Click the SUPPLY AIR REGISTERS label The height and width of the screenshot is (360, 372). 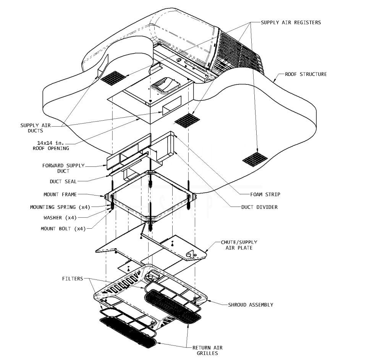pyautogui.click(x=291, y=23)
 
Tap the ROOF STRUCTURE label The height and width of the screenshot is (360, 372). pyautogui.click(x=306, y=74)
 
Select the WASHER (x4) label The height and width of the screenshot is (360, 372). pyautogui.click(x=60, y=218)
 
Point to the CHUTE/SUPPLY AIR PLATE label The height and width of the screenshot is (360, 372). pyautogui.click(x=239, y=245)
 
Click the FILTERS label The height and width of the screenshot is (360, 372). pyautogui.click(x=73, y=279)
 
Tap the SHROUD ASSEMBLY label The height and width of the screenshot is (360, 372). pyautogui.click(x=250, y=305)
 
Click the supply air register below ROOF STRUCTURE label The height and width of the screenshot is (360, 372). pyautogui.click(x=255, y=158)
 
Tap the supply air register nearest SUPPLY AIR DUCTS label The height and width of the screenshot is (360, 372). pyautogui.click(x=113, y=77)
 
